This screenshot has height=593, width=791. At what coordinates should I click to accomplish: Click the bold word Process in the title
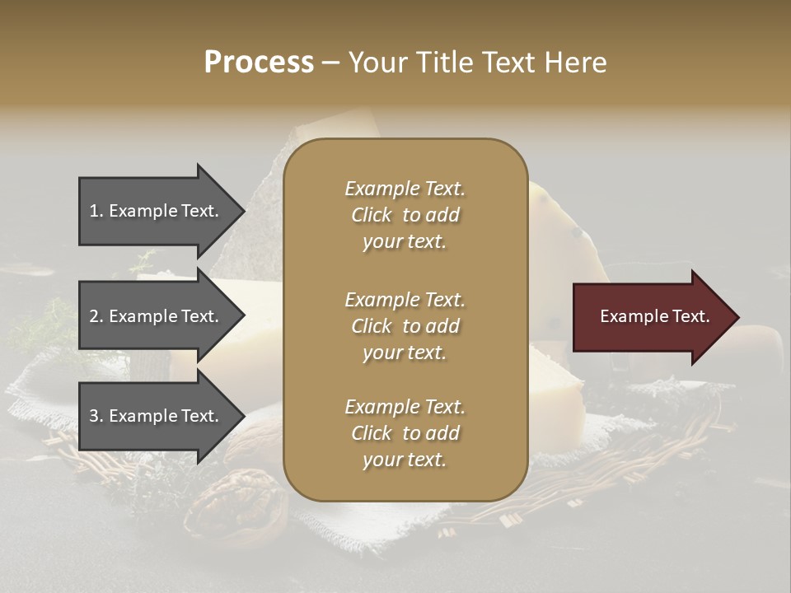point(259,63)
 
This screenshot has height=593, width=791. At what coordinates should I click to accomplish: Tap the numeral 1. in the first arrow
point(96,211)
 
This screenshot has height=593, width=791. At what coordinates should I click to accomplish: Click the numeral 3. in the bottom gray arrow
point(96,417)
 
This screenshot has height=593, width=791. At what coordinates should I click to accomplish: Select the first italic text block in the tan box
point(405,215)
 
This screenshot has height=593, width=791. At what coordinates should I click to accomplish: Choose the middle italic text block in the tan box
point(405,325)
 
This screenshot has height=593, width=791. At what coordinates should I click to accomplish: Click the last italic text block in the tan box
point(405,433)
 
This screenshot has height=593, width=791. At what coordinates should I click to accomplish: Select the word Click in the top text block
point(372,215)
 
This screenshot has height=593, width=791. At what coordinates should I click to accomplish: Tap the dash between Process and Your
point(331,63)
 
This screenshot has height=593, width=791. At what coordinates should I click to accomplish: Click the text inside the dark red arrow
point(654,317)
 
